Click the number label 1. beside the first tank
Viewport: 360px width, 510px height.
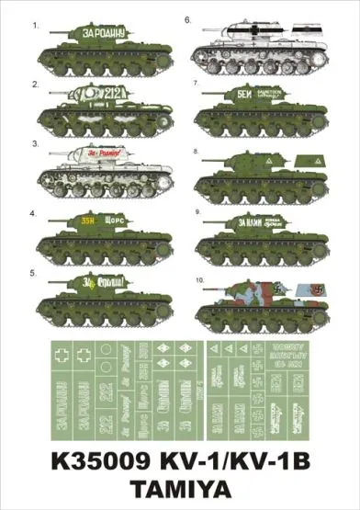pos(36,27)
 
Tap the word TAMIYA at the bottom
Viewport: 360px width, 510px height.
pos(180,489)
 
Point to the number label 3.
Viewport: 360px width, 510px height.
pos(36,144)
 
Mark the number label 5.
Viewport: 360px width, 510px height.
pos(36,273)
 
